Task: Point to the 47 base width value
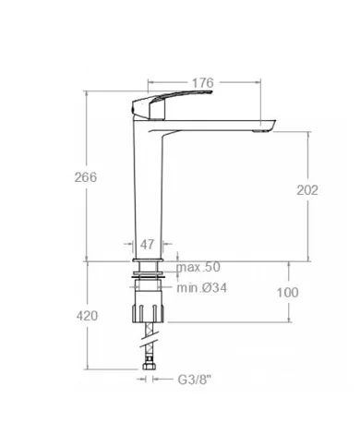click(x=147, y=245)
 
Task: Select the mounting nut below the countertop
click(x=148, y=304)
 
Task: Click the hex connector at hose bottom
click(x=148, y=377)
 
